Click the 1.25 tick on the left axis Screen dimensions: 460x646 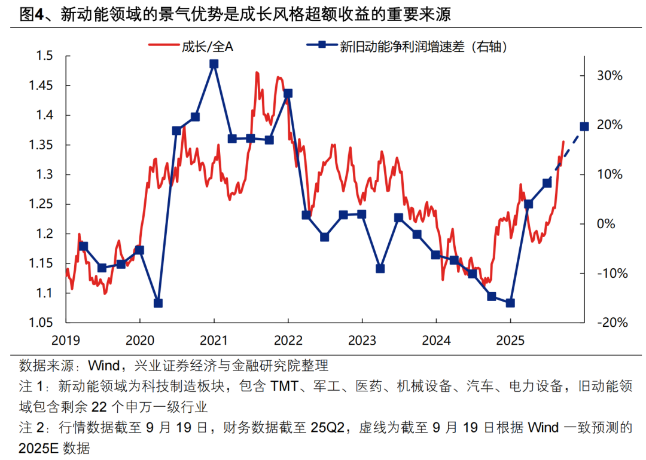[41, 204]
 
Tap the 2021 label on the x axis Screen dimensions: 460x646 [214, 341]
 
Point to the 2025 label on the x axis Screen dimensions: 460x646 [510, 341]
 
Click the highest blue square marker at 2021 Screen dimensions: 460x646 [214, 64]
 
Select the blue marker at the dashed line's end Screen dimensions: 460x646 [584, 126]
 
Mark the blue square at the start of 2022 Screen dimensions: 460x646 [288, 93]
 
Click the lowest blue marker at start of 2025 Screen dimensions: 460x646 [510, 303]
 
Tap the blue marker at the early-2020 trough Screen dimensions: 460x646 [158, 303]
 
